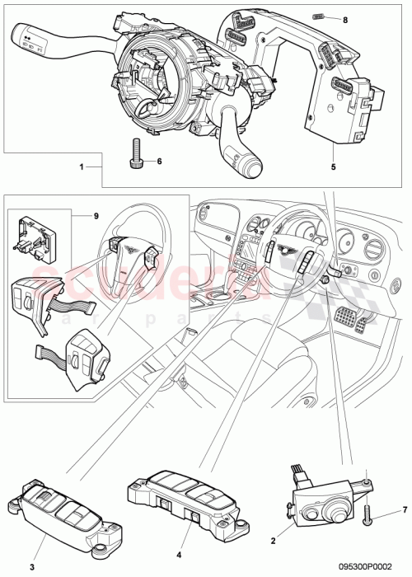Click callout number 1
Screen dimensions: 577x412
[x=82, y=167]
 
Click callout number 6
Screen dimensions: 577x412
[x=159, y=162]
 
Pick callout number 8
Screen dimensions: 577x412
[x=345, y=18]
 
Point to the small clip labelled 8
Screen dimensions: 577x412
[x=320, y=16]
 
